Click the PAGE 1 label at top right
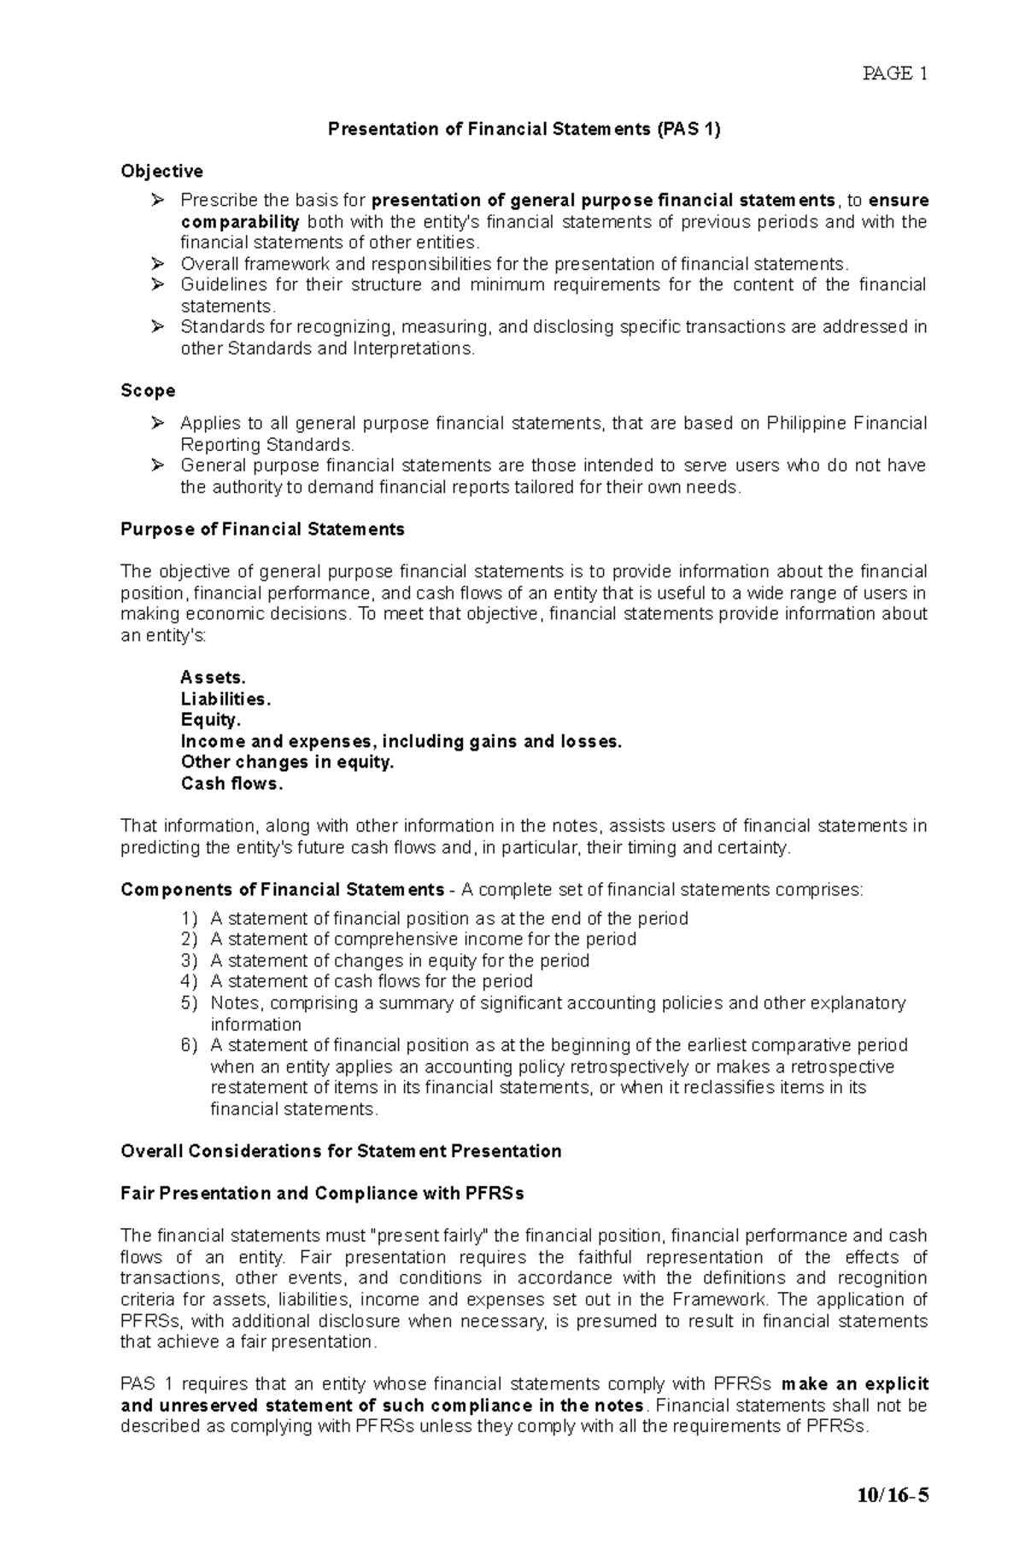pos(894,73)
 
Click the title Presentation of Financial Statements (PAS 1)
pos(524,130)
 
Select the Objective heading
pos(161,172)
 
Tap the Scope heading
pos(148,391)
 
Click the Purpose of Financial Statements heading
pos(262,529)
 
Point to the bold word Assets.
pos(213,678)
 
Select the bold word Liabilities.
pos(225,699)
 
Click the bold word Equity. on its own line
pos(210,720)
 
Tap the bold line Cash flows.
pos(231,784)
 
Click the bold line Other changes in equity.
pos(287,763)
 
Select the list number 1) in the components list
pos(189,919)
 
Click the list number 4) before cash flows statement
pos(189,982)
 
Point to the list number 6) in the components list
pos(189,1046)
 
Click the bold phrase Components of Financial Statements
pos(282,890)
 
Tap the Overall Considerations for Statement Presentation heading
pos(341,1152)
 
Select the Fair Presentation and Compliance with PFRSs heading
pos(322,1194)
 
